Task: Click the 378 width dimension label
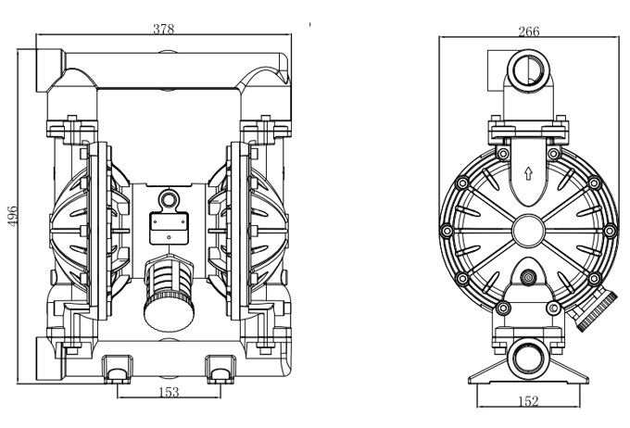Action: [x=165, y=29]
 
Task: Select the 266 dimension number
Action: [x=528, y=31]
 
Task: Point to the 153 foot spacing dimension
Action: [x=169, y=392]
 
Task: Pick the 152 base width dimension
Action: [x=526, y=401]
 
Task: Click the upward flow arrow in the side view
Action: [x=527, y=172]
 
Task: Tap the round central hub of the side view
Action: [x=527, y=227]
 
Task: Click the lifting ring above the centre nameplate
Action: [x=169, y=198]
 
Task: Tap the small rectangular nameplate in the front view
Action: [x=169, y=224]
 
